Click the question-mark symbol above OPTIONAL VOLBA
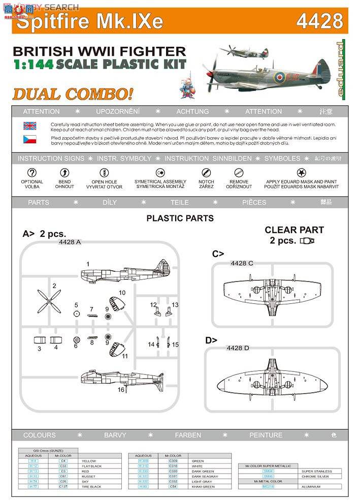point(31,173)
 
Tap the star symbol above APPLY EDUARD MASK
point(301,173)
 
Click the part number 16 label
point(121,390)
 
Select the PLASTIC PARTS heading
point(180,218)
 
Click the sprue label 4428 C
point(242,263)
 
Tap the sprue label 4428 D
point(238,348)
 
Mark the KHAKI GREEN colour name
point(204,487)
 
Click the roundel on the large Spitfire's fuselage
point(279,77)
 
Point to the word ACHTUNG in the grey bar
point(192,111)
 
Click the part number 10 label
point(122,293)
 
